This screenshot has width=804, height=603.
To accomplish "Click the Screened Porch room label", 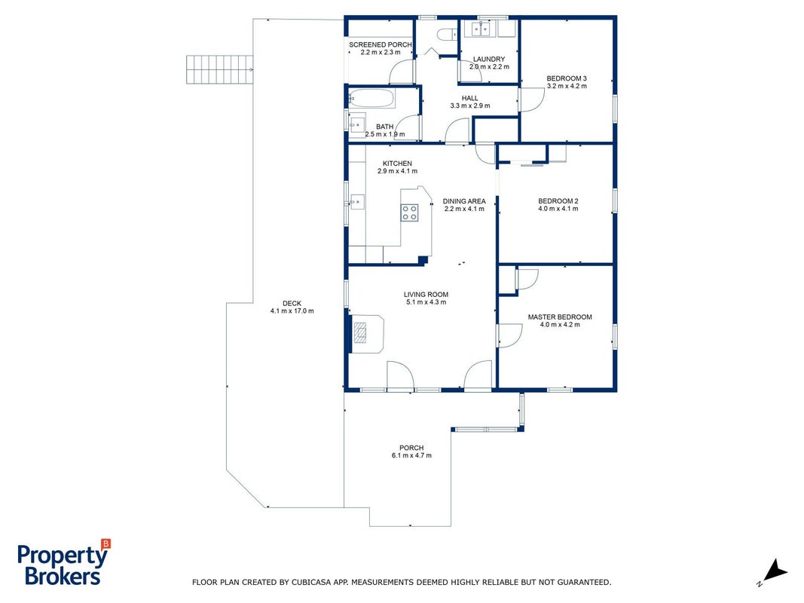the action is [x=380, y=44].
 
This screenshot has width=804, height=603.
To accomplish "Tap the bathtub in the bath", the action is [x=371, y=99].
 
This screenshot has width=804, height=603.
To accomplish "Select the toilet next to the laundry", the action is [x=447, y=35].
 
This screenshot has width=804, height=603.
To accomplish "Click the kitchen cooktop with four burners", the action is [x=410, y=213].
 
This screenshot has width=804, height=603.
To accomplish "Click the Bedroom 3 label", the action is [x=567, y=78].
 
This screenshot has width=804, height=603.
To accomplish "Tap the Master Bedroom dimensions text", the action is [x=560, y=325].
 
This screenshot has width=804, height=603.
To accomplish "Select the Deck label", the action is [x=292, y=303].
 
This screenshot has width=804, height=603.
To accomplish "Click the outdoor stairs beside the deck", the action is [x=219, y=69].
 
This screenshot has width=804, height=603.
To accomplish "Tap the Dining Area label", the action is [x=464, y=201].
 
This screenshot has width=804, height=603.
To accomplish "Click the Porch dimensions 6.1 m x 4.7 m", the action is [x=411, y=455].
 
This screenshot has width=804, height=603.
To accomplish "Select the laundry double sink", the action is [x=481, y=29].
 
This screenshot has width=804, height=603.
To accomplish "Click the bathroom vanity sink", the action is [x=357, y=124].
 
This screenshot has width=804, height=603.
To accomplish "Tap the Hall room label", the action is [x=469, y=98].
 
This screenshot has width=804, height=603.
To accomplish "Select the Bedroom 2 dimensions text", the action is [x=558, y=209].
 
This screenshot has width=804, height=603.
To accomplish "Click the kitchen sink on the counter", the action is [x=357, y=202].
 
